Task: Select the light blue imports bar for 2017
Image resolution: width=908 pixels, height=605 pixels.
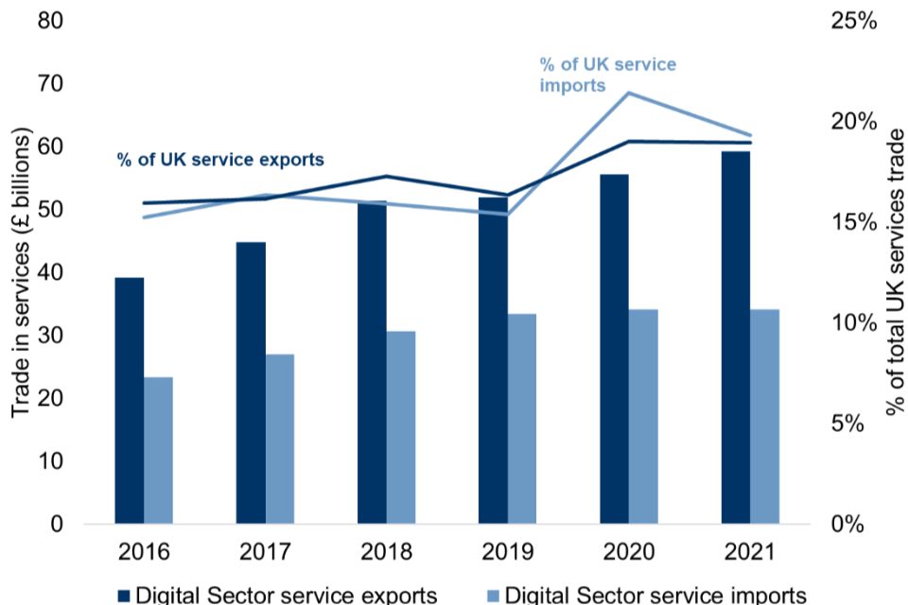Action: click(280, 439)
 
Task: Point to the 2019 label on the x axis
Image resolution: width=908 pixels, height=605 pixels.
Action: click(508, 552)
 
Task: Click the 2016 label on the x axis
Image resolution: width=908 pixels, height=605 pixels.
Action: click(144, 552)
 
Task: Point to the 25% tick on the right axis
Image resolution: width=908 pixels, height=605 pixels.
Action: click(855, 21)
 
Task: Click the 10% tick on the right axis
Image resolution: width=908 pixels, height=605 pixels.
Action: click(855, 322)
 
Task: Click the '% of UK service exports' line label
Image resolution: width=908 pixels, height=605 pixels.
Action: click(220, 160)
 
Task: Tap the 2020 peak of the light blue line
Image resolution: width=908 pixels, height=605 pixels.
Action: click(629, 93)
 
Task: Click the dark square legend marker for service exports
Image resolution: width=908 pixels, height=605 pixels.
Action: click(123, 596)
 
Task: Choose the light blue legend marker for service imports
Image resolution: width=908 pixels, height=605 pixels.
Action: click(490, 596)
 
